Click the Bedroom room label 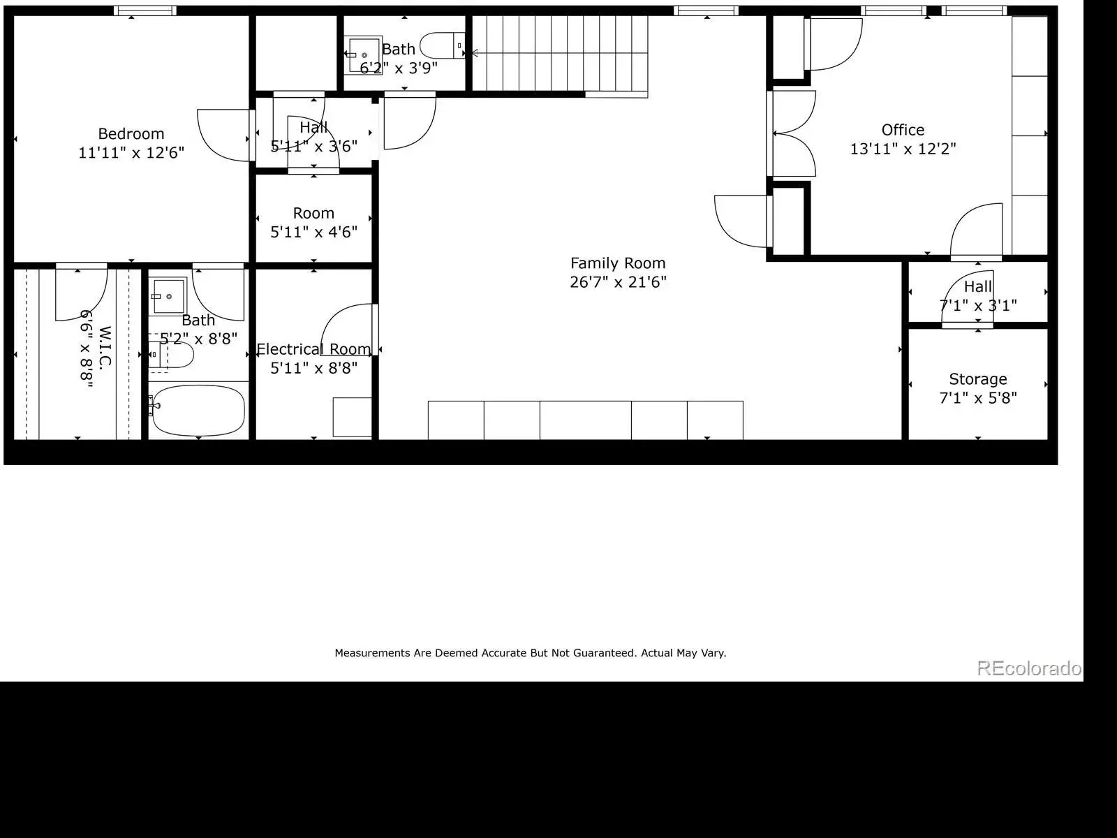coord(131,134)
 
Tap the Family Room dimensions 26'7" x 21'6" coord(618,282)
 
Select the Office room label coord(903,131)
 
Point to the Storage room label coord(977,380)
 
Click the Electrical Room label coord(313,349)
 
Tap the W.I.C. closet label coord(104,348)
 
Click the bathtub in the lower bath coord(198,410)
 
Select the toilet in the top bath coord(442,45)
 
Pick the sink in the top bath coord(363,55)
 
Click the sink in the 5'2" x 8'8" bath coord(168,295)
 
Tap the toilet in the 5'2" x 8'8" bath coord(171,355)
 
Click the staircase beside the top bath coord(560,54)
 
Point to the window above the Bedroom coord(145,10)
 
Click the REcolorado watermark coord(1029,668)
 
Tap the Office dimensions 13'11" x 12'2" coord(903,149)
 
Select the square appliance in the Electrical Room coord(352,417)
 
